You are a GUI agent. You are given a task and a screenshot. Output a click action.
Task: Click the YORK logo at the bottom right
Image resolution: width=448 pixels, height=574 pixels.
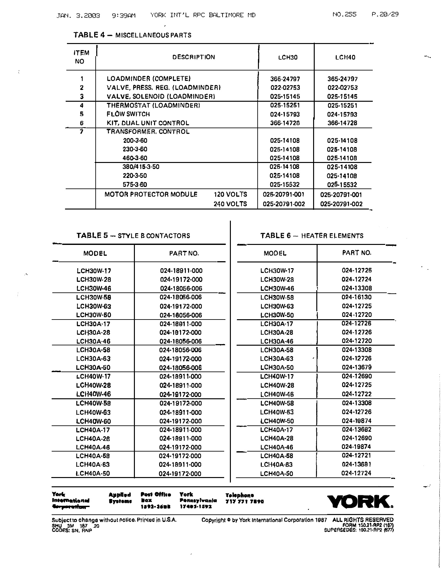click(x=359, y=501)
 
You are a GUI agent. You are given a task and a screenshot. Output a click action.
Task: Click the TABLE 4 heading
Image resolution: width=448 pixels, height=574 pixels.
click(x=132, y=35)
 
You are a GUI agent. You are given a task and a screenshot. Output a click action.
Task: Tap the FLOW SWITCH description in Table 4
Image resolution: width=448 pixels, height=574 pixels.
click(x=128, y=114)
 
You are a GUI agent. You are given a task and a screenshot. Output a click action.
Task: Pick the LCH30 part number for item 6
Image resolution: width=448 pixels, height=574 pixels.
click(x=285, y=123)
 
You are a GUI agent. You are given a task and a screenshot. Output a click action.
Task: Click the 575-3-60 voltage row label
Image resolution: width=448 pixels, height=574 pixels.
click(x=135, y=185)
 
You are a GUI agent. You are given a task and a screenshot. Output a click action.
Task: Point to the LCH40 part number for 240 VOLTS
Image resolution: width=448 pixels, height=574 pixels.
click(x=341, y=204)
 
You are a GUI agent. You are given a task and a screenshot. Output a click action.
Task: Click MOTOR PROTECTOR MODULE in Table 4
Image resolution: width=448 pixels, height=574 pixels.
click(x=151, y=195)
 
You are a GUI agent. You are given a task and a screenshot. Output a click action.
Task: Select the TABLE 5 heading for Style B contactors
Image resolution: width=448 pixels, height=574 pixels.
click(x=133, y=236)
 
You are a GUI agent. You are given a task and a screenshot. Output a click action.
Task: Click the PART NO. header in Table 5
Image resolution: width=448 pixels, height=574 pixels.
click(x=184, y=254)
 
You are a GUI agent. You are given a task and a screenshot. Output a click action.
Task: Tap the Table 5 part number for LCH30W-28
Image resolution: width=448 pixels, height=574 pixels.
click(x=181, y=280)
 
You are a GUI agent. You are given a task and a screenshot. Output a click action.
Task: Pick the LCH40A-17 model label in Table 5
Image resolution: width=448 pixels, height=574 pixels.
click(x=93, y=430)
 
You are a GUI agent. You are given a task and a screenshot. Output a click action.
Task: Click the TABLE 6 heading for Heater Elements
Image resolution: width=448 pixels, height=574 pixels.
click(x=312, y=236)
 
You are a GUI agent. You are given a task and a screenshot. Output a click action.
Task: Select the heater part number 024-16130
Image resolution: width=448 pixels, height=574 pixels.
click(x=356, y=297)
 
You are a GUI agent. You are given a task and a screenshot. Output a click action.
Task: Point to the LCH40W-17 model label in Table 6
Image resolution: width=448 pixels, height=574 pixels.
click(x=277, y=377)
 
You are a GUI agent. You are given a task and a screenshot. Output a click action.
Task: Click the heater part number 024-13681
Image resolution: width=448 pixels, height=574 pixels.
click(x=356, y=465)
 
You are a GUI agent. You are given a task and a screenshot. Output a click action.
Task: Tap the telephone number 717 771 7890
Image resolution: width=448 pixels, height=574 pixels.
click(x=245, y=501)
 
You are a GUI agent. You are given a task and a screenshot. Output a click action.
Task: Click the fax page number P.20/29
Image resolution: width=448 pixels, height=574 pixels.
click(x=385, y=14)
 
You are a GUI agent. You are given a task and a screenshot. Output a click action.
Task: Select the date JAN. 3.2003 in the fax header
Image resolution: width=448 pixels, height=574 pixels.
click(x=78, y=16)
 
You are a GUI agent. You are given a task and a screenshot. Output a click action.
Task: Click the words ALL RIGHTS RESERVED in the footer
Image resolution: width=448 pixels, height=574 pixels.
click(x=363, y=520)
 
